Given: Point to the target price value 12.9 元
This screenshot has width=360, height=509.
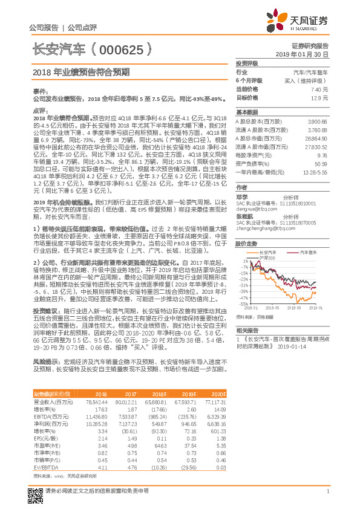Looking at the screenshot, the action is [320, 97].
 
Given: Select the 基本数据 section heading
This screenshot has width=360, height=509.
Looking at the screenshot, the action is [247, 112].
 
